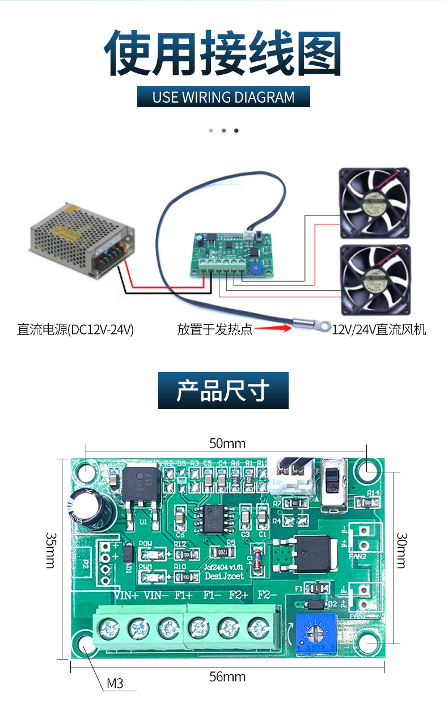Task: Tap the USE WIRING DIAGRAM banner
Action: (x=223, y=97)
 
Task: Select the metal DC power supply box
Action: (x=82, y=240)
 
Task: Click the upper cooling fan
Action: (x=374, y=202)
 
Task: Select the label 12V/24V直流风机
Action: (x=379, y=329)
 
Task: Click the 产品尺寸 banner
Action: (x=223, y=391)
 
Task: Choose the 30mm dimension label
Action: (x=401, y=551)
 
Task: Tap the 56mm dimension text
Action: (x=227, y=677)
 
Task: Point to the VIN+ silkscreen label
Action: (x=126, y=595)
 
